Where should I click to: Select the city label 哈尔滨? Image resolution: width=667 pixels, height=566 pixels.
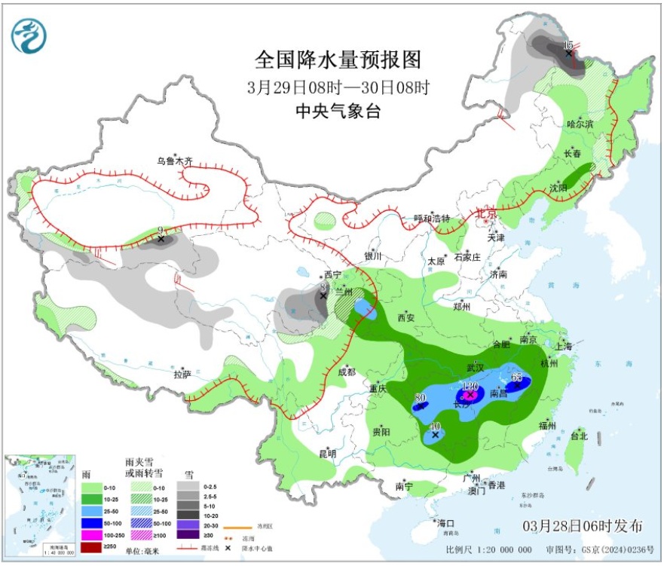tap(580, 123)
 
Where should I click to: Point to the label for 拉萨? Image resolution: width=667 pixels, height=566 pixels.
tap(182, 375)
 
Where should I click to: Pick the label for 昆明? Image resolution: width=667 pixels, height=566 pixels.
tap(327, 453)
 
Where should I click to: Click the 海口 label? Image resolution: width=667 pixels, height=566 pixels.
tap(446, 522)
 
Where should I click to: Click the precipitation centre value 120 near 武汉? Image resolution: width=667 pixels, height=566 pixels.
tap(470, 386)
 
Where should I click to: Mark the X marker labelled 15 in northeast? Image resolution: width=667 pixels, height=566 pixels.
tap(569, 53)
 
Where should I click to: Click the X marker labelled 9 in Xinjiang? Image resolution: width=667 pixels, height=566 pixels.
tap(161, 240)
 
